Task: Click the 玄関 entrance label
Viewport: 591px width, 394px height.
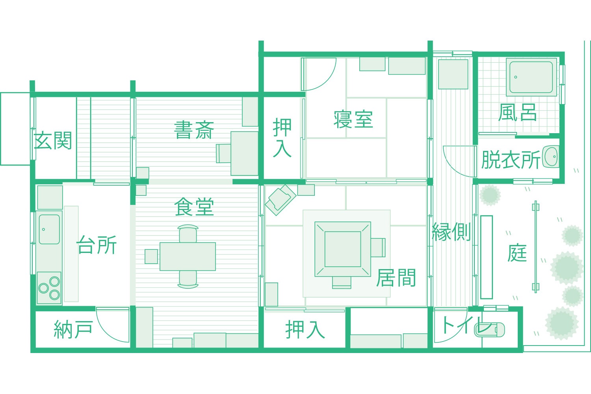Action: (x=53, y=141)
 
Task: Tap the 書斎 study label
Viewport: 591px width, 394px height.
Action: (x=194, y=130)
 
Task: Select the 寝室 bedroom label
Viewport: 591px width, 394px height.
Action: (x=353, y=119)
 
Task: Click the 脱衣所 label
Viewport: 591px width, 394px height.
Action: (x=511, y=160)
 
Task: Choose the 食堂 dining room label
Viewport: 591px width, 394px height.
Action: (x=194, y=207)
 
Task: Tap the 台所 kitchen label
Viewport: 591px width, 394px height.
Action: (x=97, y=245)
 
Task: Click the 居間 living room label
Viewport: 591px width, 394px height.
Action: (x=396, y=278)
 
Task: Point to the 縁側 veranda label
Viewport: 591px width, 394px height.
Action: (x=452, y=232)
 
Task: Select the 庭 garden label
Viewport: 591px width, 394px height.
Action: (x=517, y=253)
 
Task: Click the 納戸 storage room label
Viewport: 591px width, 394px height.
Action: (x=73, y=329)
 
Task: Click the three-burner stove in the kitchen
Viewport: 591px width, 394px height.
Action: (x=49, y=288)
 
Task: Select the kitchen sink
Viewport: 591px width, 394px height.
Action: (x=49, y=229)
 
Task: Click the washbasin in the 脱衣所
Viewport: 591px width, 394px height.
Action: (x=551, y=157)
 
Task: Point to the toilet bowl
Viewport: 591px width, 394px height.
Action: (x=490, y=329)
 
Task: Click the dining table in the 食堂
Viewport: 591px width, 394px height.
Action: (x=188, y=256)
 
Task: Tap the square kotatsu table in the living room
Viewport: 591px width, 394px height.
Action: (x=343, y=249)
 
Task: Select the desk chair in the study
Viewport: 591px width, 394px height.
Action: (x=223, y=153)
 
